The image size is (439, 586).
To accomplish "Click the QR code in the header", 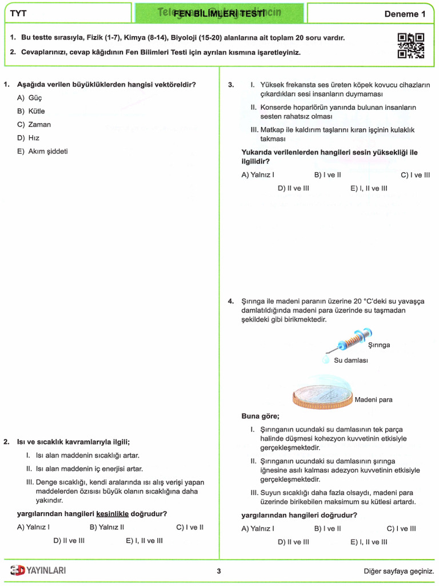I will (410, 46).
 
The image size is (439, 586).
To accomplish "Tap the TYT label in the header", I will (19, 13).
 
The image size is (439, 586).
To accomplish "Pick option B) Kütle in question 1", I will (31, 111).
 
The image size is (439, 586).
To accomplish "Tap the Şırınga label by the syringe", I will (379, 345).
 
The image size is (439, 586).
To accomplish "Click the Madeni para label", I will (374, 400).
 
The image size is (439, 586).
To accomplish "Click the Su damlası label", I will (351, 361).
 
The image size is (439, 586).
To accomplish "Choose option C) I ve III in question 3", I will (415, 175).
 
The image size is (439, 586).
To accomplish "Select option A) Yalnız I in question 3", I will (258, 175).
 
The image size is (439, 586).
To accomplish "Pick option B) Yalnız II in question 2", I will (107, 527).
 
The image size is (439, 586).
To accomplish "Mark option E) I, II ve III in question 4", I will (369, 542).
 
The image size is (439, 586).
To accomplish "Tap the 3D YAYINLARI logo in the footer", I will (38, 570).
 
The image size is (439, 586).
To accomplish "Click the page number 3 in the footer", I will (219, 571).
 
